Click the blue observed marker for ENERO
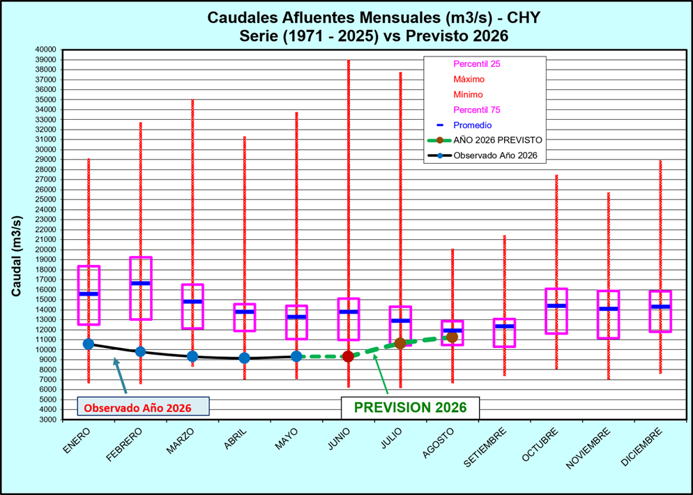coord(89,344)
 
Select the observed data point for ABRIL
coord(245,358)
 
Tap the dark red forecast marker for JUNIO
coord(349,356)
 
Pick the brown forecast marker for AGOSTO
coord(452,337)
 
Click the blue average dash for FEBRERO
coord(141,283)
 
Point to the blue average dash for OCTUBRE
coord(556,306)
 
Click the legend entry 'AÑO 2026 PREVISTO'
coord(485,140)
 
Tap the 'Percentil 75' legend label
coord(477,109)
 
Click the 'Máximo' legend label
coord(469,79)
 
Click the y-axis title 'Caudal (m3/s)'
coord(16,257)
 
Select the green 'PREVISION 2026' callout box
coord(410,407)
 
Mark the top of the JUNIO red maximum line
coord(349,60)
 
